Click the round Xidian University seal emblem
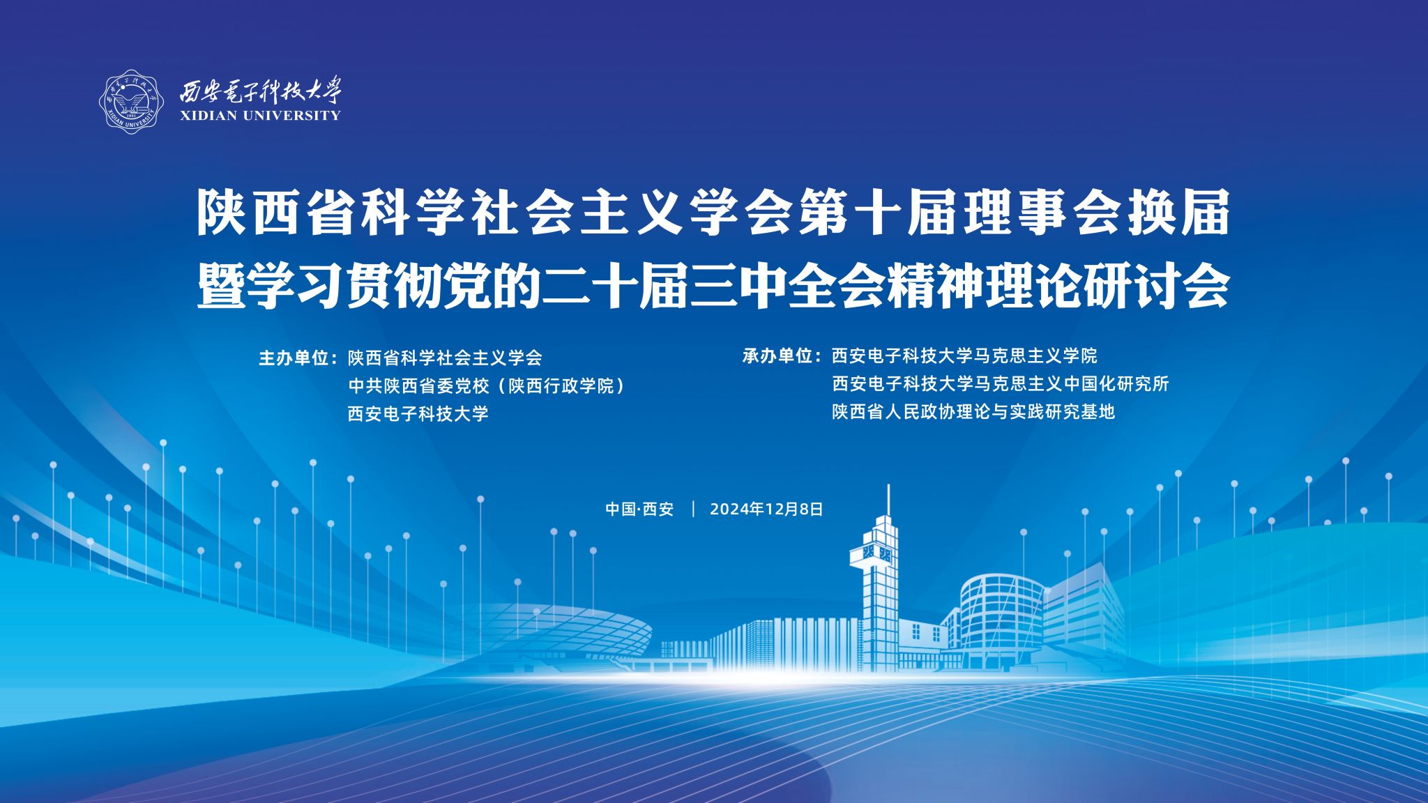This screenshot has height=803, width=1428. tap(131, 102)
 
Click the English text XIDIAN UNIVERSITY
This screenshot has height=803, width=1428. tap(260, 116)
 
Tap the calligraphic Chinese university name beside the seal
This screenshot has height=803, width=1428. tap(261, 89)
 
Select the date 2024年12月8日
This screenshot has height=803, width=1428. tap(766, 510)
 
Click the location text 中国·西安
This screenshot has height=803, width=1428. tap(639, 510)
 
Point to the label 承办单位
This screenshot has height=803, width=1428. tap(777, 356)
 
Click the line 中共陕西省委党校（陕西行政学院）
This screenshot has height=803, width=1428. tap(487, 386)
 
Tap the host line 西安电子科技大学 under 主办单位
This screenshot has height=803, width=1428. tap(418, 414)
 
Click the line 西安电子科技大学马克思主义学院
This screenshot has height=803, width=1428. tap(964, 356)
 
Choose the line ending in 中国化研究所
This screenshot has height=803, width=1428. tap(1001, 384)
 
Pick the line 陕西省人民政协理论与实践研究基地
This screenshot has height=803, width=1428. tap(973, 412)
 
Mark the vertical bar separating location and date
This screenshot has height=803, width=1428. tap(693, 509)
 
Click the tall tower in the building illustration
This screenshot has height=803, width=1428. tap(879, 579)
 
